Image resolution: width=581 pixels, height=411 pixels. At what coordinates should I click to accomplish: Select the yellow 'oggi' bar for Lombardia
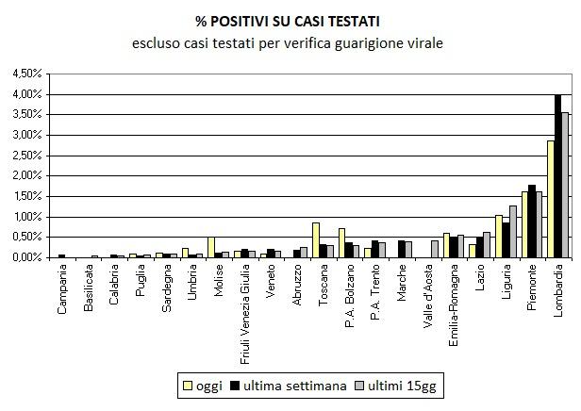click(551, 199)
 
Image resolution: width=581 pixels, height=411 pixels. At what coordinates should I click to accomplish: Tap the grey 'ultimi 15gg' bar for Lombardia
click(564, 185)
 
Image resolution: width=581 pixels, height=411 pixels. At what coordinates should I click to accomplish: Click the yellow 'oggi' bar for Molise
click(211, 247)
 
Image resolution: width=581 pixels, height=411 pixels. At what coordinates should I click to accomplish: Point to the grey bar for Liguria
click(512, 231)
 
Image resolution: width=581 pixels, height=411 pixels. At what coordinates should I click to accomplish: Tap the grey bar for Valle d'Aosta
click(435, 249)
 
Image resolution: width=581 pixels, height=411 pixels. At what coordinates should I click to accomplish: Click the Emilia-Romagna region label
click(455, 300)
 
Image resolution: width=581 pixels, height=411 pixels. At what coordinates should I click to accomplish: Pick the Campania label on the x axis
click(62, 287)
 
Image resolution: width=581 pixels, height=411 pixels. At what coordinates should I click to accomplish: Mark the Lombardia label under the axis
click(558, 287)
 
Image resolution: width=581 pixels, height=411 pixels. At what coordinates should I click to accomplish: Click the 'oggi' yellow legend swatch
click(187, 386)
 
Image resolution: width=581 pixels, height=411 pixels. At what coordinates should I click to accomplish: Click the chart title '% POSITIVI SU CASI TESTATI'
click(289, 20)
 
